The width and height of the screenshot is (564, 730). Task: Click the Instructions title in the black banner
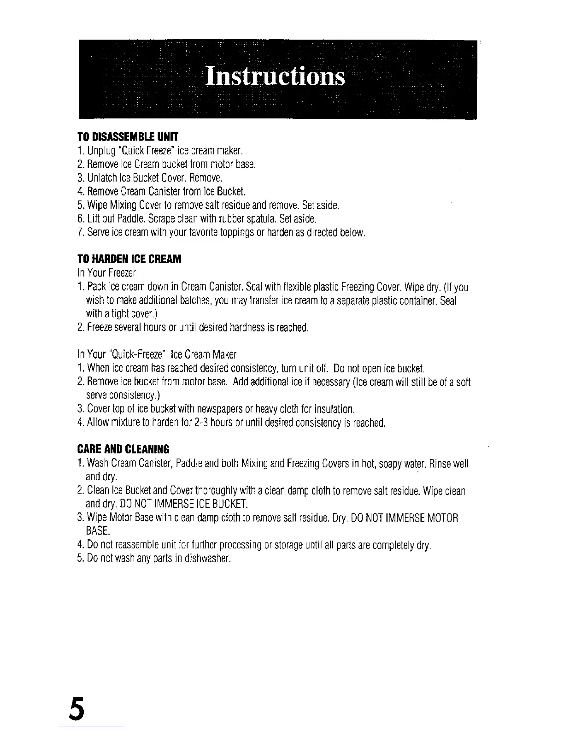click(x=275, y=77)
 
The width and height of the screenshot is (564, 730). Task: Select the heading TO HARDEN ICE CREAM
click(x=129, y=259)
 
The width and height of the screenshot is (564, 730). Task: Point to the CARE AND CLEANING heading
click(x=123, y=449)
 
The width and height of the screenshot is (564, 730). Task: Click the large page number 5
click(x=78, y=710)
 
